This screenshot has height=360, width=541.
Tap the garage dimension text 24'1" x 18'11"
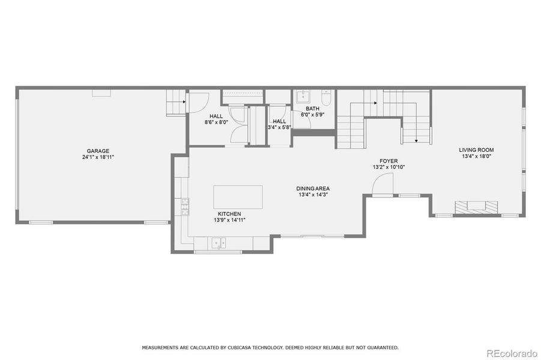click(98, 157)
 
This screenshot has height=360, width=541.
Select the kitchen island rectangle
click(238, 196)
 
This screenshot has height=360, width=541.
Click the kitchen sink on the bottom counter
click(219, 242)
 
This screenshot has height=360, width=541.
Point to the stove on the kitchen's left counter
click(185, 207)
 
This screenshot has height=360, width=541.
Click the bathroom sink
click(303, 97)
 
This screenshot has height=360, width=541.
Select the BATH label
click(312, 109)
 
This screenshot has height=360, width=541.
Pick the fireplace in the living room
click(476, 208)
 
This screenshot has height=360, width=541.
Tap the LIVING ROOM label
click(476, 150)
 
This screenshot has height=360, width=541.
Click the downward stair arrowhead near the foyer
click(416, 142)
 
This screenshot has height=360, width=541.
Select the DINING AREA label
click(313, 188)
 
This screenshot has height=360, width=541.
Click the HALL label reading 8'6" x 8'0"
click(216, 122)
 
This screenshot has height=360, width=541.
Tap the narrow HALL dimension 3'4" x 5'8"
click(279, 127)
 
